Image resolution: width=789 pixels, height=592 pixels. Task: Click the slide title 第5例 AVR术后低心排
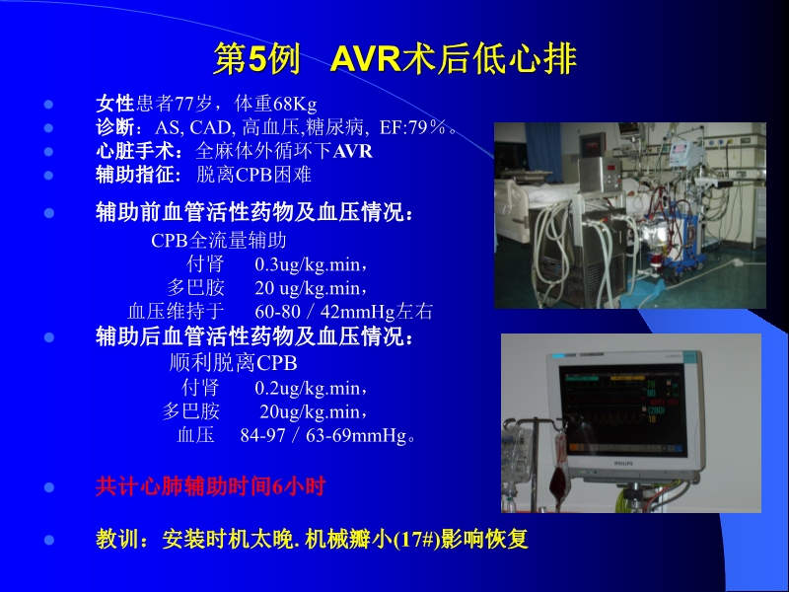click(394, 59)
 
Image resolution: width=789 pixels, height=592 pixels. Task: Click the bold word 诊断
click(113, 127)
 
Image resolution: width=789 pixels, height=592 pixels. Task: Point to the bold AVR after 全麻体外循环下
click(353, 151)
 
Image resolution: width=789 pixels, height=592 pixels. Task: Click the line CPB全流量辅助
click(219, 240)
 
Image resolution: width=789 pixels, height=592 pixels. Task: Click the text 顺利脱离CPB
click(234, 363)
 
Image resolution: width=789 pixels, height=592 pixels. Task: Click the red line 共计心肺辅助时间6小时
click(210, 486)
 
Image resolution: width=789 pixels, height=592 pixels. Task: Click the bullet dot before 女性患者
click(48, 104)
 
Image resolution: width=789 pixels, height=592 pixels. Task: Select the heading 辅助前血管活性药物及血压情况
click(254, 213)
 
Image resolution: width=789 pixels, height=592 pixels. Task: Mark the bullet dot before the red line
click(48, 487)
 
